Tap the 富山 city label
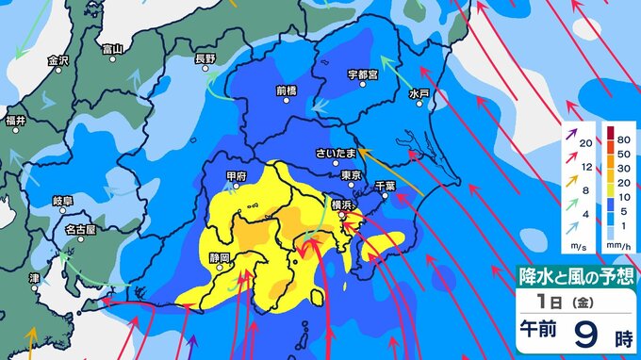112,48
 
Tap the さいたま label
338,152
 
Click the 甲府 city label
238,175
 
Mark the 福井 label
15,120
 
